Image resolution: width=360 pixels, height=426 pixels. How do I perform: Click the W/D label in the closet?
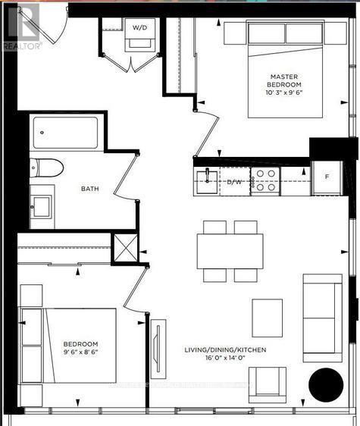(141, 28)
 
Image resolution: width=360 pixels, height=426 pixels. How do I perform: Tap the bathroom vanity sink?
(41, 204)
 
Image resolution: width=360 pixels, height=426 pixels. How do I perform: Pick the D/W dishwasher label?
(234, 182)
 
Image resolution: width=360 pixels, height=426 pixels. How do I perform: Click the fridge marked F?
(327, 176)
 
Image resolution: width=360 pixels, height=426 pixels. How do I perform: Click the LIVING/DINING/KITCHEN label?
(226, 350)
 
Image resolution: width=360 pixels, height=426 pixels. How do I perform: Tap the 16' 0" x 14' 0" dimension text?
(226, 362)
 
